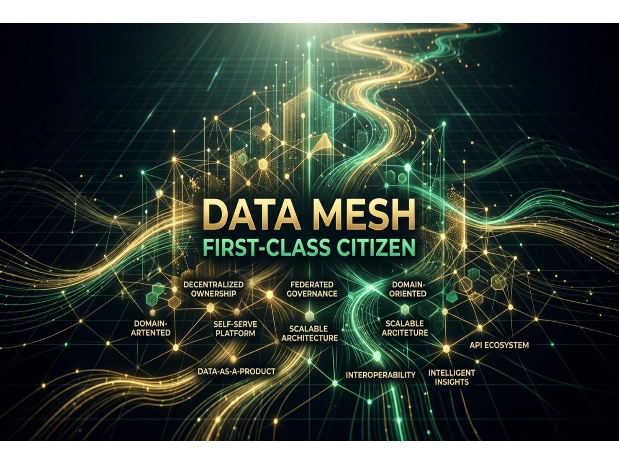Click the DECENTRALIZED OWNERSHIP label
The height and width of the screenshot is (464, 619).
[213, 289]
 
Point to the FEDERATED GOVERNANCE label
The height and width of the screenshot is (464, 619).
[312, 289]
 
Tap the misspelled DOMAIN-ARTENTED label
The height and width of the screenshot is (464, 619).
[151, 328]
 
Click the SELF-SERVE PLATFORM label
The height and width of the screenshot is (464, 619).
[235, 328]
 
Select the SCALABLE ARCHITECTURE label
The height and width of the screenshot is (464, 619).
[309, 333]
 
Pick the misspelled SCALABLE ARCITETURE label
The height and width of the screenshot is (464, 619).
[405, 328]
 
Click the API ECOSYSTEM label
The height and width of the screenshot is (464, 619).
[499, 345]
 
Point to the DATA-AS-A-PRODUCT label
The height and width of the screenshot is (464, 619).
[236, 371]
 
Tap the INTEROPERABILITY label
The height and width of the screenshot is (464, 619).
[380, 375]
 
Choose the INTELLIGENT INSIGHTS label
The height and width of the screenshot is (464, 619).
[452, 377]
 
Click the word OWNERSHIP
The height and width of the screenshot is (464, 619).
[213, 293]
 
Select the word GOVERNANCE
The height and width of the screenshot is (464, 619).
[312, 293]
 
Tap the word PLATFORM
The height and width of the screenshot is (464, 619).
[235, 333]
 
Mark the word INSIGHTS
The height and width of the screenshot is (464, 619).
[452, 382]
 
